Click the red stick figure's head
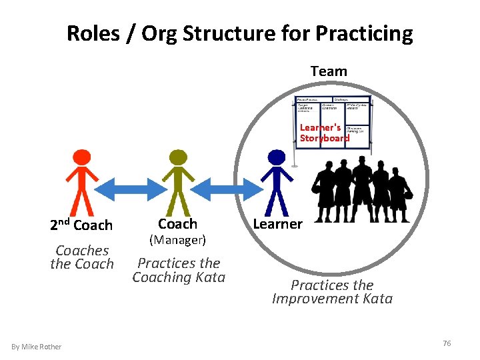[81, 157]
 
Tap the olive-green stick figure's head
[178, 157]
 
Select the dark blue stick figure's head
[276, 157]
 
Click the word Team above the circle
[329, 71]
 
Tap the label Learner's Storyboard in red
[324, 133]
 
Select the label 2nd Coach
[81, 225]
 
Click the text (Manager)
[177, 239]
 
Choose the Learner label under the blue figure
[277, 224]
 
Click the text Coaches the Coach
[82, 257]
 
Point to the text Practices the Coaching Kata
[179, 270]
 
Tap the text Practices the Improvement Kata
[332, 292]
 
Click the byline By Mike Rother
[37, 346]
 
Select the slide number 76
[447, 343]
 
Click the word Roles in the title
[93, 33]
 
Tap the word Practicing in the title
[365, 33]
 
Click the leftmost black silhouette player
[325, 193]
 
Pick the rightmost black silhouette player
[398, 193]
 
